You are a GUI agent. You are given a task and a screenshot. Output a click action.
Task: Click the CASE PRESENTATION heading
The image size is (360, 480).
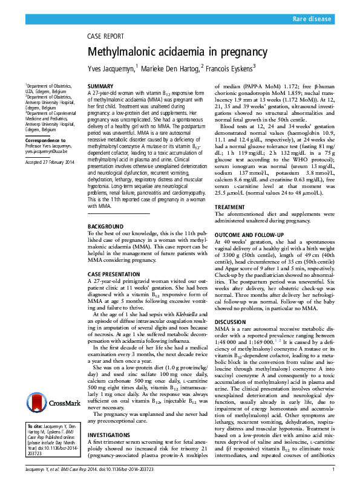[114, 257]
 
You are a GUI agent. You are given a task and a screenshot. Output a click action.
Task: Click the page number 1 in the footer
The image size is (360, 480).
[333, 470]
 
